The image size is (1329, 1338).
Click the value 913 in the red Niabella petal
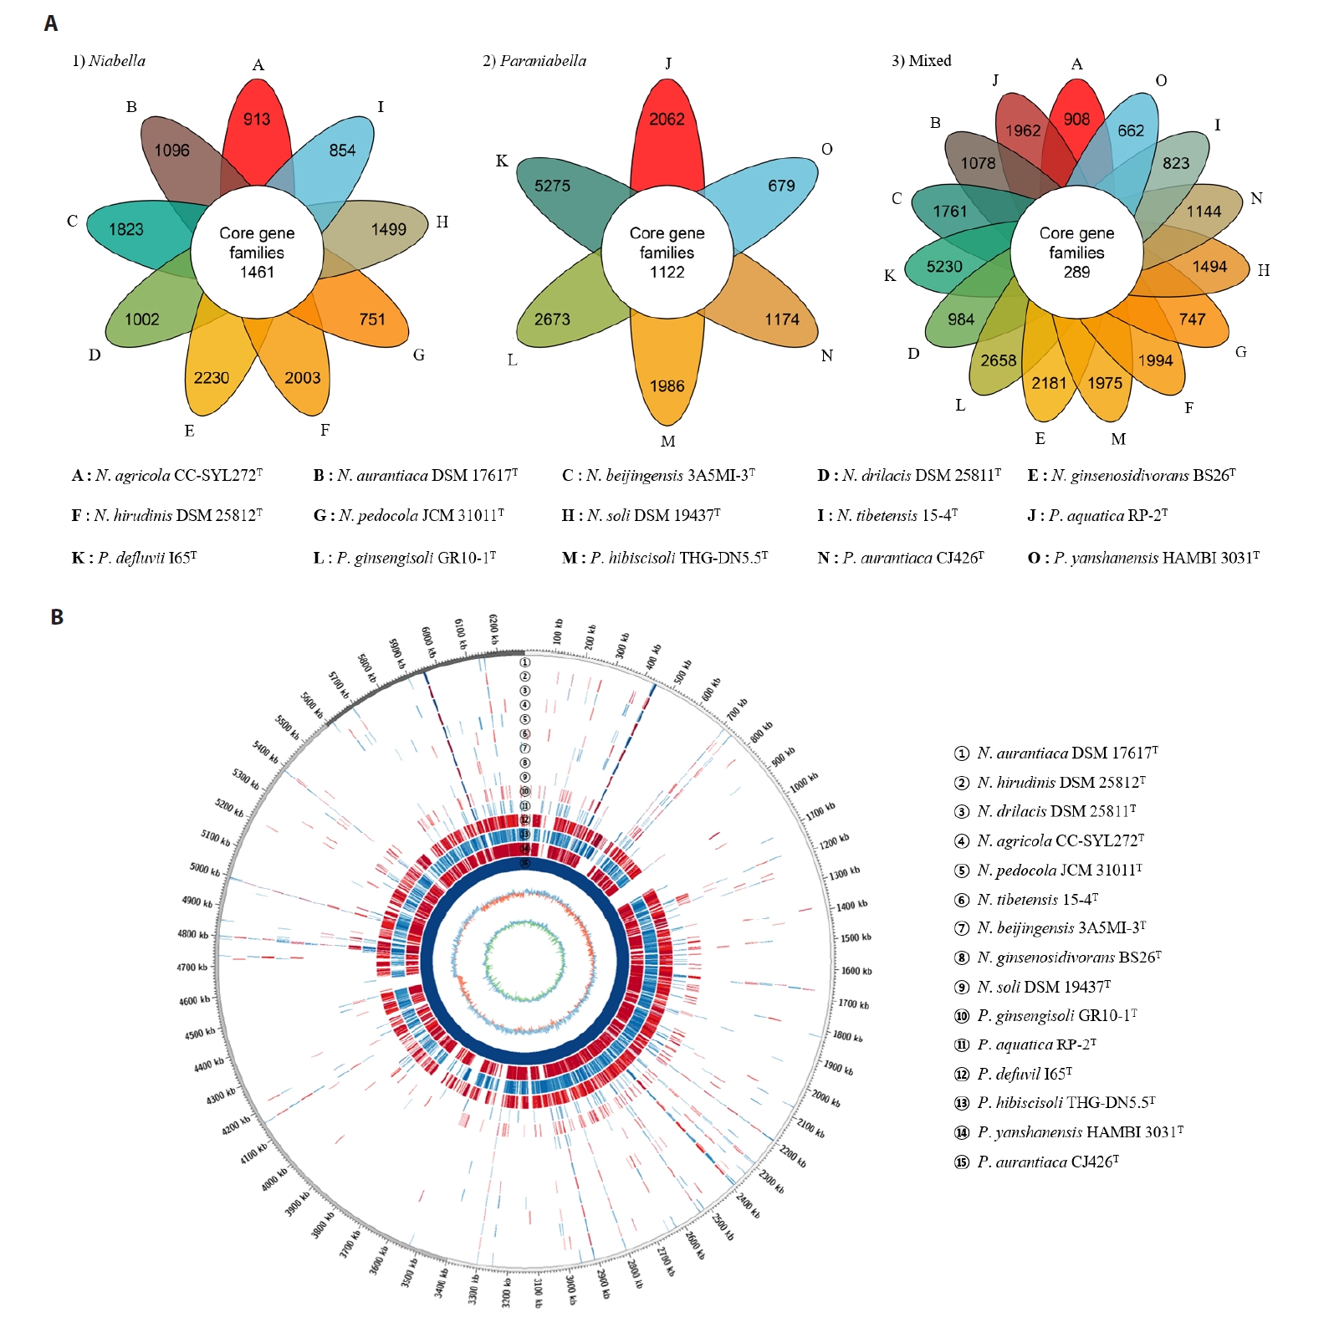coord(257,120)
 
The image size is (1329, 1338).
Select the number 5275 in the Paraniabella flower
coord(552,186)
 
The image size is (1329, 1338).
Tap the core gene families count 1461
coord(257,272)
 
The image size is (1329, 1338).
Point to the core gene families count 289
coord(1076,272)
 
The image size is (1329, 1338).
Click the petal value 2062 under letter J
coord(667,120)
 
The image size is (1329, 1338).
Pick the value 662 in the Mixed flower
coord(1131,131)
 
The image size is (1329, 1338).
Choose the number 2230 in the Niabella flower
coord(211,378)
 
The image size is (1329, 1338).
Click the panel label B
coord(57,617)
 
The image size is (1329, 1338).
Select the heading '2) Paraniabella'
coord(534,61)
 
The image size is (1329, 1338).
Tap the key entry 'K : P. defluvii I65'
coord(134,558)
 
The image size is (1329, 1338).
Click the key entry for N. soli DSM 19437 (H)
coord(641,516)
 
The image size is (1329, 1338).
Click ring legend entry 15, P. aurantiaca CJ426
coord(1036,1162)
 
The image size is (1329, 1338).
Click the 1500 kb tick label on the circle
coord(856,938)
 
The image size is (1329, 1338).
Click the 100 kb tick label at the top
coord(558,631)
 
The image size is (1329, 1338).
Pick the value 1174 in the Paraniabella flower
coord(781,319)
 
